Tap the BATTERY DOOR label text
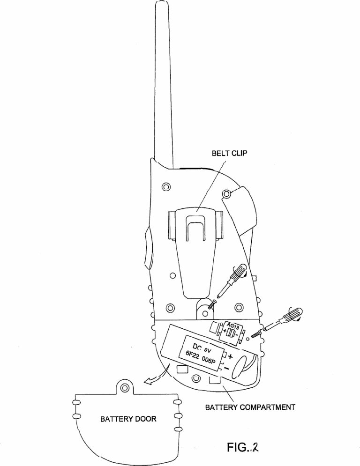(128, 419)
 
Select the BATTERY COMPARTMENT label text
(251, 407)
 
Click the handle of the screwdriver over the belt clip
(240, 272)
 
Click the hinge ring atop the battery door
(125, 387)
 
